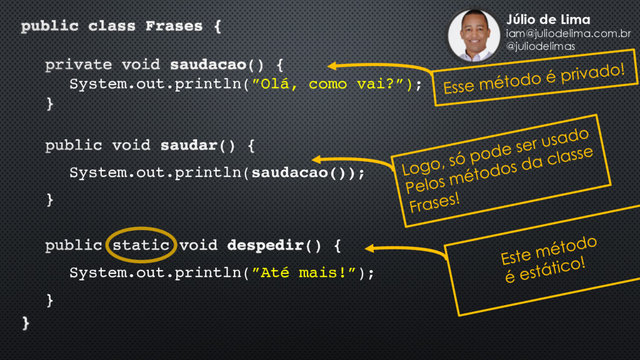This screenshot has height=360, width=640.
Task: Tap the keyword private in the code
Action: point(78,64)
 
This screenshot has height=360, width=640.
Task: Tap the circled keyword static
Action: point(140,245)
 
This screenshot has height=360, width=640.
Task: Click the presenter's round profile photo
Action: point(474,35)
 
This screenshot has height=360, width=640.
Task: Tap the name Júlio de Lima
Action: point(547,20)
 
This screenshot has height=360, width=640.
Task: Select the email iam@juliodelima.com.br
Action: point(567,34)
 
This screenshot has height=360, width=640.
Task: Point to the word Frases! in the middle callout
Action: point(434,201)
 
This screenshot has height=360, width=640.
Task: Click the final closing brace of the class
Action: point(26,322)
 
